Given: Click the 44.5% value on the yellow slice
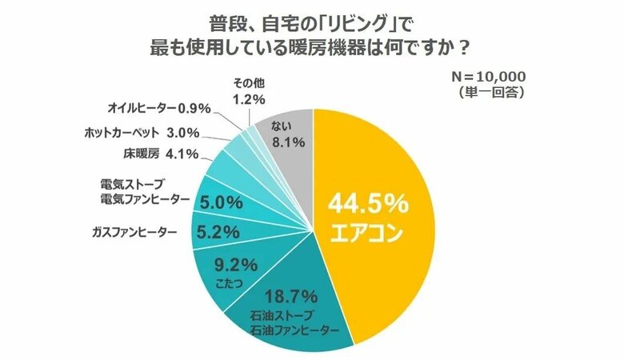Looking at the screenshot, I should click(368, 205).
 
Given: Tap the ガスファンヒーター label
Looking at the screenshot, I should click(135, 232).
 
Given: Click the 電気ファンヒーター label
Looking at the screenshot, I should click(139, 198).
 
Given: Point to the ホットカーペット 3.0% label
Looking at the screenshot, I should click(141, 132).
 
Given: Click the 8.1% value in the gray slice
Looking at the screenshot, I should click(286, 145).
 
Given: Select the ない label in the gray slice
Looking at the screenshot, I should click(286, 126).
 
